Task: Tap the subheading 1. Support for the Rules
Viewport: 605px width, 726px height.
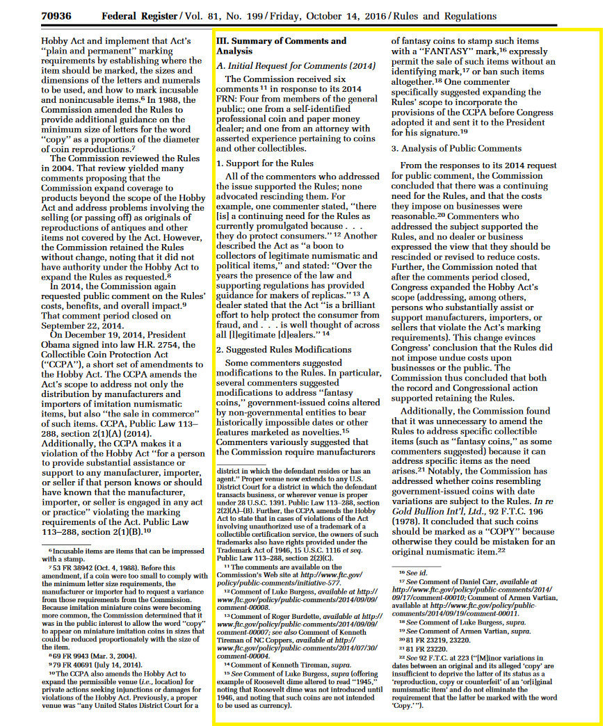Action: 264,163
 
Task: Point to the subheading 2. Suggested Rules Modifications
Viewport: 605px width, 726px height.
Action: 284,349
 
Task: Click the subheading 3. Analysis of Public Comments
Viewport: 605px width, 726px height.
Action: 456,148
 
